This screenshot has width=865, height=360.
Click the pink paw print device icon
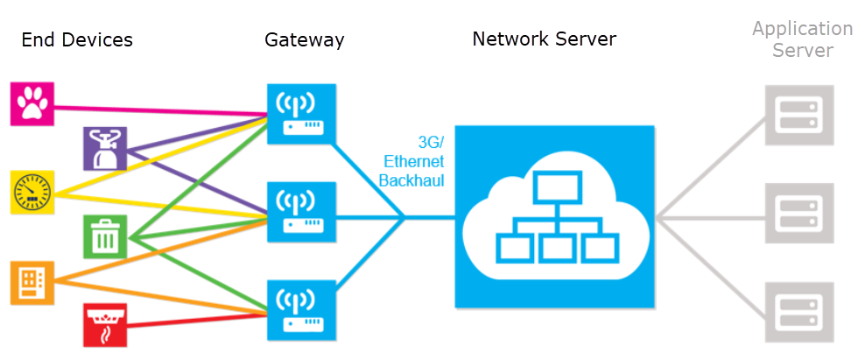pyautogui.click(x=32, y=104)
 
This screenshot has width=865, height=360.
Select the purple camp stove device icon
pyautogui.click(x=104, y=148)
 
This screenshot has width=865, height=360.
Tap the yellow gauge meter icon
pyautogui.click(x=32, y=193)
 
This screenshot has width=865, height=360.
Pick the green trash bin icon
pyautogui.click(x=105, y=236)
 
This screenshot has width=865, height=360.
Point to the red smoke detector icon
pyautogui.click(x=105, y=325)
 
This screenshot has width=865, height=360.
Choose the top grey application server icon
pyautogui.click(x=795, y=115)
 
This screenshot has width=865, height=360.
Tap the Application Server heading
pyautogui.click(x=801, y=39)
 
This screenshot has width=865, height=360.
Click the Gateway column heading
pyautogui.click(x=304, y=39)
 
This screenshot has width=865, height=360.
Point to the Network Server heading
pyautogui.click(x=545, y=39)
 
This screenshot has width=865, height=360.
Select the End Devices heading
pyautogui.click(x=76, y=39)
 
